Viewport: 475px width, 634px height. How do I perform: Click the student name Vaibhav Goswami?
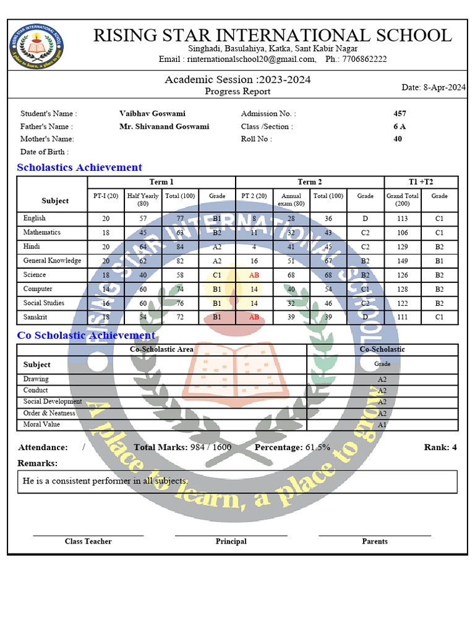(x=152, y=113)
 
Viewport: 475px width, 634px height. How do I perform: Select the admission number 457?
(x=400, y=113)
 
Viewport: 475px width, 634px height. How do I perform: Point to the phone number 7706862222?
(x=365, y=59)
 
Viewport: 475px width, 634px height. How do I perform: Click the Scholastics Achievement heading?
(x=79, y=167)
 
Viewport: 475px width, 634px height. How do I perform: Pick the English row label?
(x=34, y=218)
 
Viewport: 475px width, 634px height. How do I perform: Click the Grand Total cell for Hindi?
(x=403, y=246)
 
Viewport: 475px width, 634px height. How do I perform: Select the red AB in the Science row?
(x=254, y=275)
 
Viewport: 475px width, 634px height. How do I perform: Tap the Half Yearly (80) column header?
(x=143, y=199)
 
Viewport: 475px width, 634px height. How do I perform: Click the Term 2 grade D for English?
(x=366, y=219)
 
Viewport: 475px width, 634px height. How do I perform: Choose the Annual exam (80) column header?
(x=291, y=199)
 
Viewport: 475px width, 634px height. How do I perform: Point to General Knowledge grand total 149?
(x=403, y=261)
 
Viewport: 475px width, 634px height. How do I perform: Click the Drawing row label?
(x=36, y=379)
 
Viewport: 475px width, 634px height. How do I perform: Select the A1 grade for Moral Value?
(x=382, y=425)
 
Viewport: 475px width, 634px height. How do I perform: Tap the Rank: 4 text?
(x=440, y=447)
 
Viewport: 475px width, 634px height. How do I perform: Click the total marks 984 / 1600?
(x=211, y=447)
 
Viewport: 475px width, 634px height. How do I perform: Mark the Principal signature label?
(x=231, y=541)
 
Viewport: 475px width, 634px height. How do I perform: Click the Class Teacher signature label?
(x=88, y=541)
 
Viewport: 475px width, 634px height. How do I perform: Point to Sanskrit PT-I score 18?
(x=106, y=317)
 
